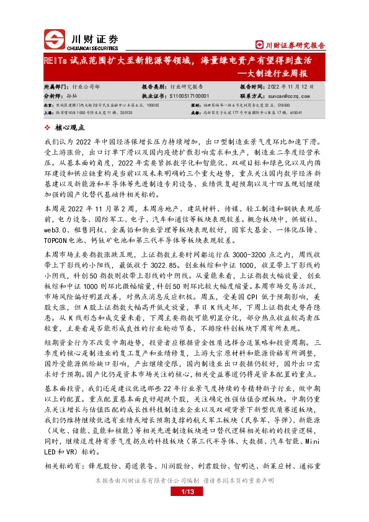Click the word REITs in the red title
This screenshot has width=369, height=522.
53,61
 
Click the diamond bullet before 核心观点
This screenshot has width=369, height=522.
48,128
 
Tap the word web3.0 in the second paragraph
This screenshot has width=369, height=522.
55,214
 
